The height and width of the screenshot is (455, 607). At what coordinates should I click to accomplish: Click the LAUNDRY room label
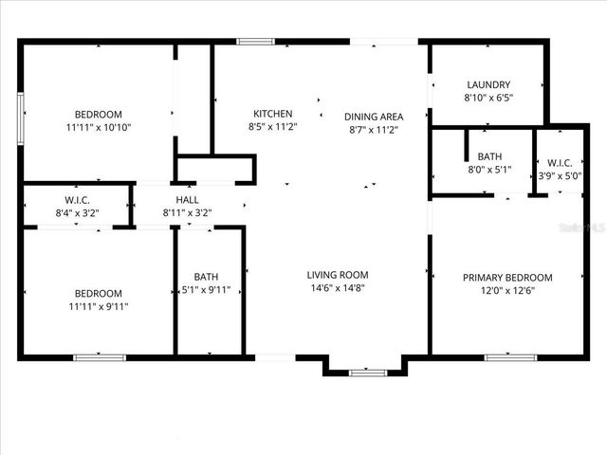pyautogui.click(x=487, y=84)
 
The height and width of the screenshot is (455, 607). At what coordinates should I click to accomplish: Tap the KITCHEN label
pyautogui.click(x=272, y=114)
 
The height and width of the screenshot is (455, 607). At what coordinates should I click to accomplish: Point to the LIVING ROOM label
pyautogui.click(x=337, y=275)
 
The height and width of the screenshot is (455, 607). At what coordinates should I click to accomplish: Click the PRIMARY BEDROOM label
pyautogui.click(x=506, y=278)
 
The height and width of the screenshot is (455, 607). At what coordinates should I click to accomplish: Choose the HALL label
pyautogui.click(x=186, y=200)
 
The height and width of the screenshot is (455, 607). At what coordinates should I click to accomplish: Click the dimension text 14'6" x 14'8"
pyautogui.click(x=337, y=288)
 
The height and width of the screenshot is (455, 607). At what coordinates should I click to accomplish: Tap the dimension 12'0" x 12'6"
pyautogui.click(x=506, y=291)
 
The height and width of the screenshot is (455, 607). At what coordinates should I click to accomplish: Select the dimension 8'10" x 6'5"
pyautogui.click(x=487, y=98)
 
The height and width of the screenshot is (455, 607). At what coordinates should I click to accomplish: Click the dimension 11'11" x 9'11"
pyautogui.click(x=98, y=306)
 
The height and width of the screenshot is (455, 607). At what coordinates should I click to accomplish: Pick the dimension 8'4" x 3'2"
pyautogui.click(x=77, y=213)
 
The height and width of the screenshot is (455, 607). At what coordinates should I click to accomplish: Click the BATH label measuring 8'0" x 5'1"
pyautogui.click(x=489, y=156)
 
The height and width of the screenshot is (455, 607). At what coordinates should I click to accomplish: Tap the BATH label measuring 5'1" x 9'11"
pyautogui.click(x=206, y=277)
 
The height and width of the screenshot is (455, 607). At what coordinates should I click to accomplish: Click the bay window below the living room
pyautogui.click(x=367, y=373)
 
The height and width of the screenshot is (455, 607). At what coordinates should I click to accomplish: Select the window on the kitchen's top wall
pyautogui.click(x=255, y=41)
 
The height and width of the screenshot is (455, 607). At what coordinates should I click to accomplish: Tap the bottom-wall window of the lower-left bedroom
pyautogui.click(x=100, y=357)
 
